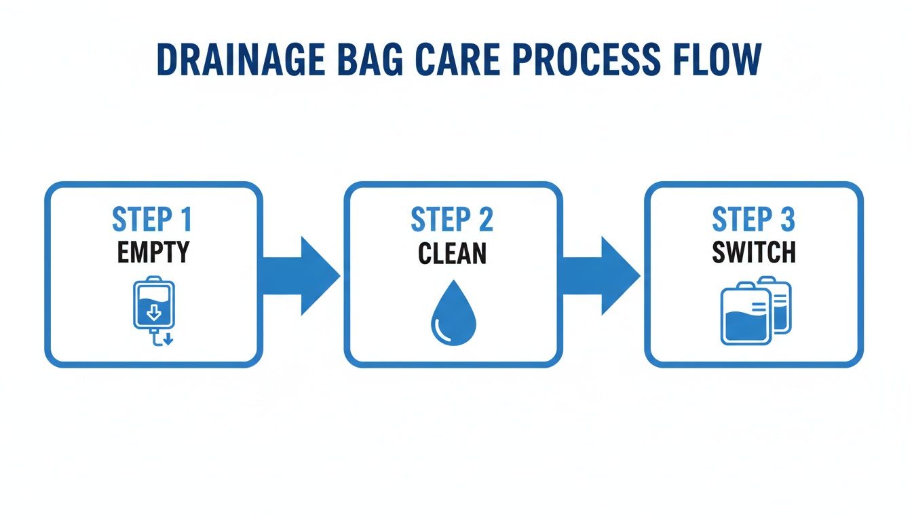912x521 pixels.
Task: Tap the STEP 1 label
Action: [153, 220]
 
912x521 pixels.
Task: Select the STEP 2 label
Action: [452, 220]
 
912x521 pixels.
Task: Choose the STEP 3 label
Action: [753, 220]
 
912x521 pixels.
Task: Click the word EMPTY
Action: [153, 252]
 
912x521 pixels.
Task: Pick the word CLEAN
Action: [452, 253]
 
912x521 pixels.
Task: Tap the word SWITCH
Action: [753, 252]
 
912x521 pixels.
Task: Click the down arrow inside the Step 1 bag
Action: [154, 312]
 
